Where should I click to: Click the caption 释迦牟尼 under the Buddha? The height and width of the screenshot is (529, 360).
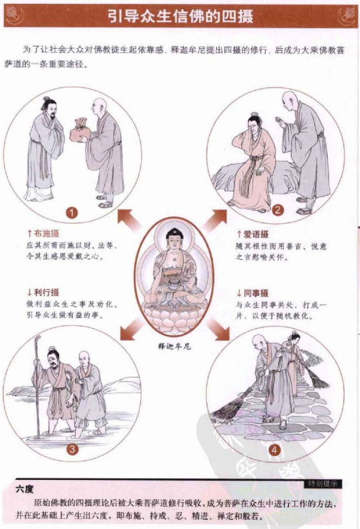tap(172, 345)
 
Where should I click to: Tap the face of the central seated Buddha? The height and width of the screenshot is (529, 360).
tap(173, 240)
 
